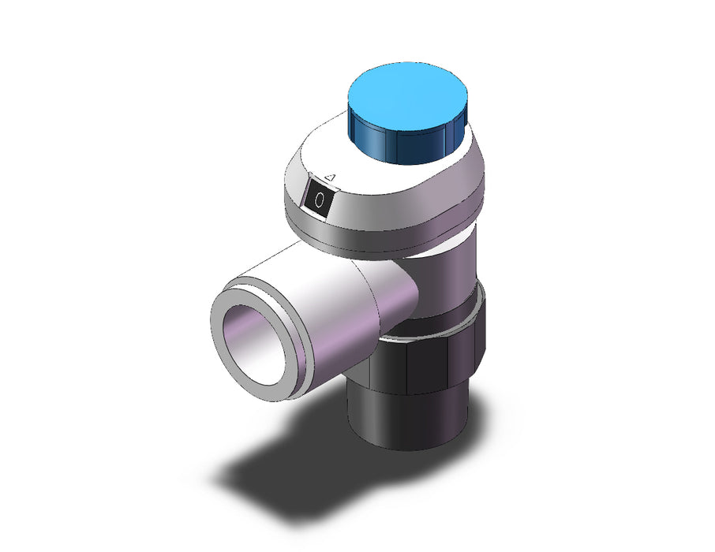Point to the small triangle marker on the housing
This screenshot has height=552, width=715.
331,177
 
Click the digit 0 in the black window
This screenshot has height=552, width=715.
320,200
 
